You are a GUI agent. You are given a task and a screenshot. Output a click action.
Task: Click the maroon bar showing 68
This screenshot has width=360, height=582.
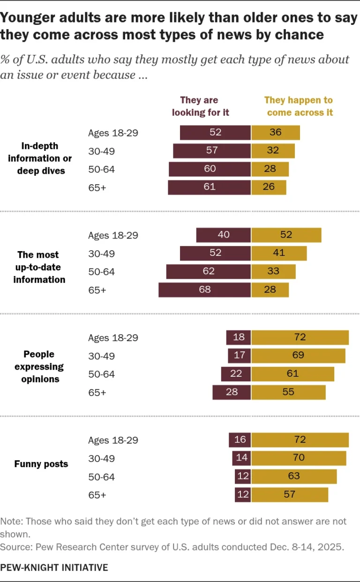point(205,290)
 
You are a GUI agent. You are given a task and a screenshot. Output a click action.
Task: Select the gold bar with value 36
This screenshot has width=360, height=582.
point(275,132)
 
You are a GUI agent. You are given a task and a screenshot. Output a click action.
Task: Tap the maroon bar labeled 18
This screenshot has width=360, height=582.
point(239,337)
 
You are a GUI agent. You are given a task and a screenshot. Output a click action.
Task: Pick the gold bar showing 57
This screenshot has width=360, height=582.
point(289,495)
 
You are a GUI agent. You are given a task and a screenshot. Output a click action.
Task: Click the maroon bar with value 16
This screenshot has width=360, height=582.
point(240,440)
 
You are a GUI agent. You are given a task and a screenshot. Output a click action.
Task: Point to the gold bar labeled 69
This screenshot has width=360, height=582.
point(298,356)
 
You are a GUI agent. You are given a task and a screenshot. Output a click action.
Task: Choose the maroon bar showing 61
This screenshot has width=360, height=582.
point(210,187)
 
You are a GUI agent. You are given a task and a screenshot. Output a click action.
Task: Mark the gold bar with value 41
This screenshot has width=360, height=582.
point(279,253)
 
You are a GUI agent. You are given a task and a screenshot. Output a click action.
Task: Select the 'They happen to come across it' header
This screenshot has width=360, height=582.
point(298,106)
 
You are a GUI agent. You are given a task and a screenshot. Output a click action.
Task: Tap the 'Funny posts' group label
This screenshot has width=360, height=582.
point(41,464)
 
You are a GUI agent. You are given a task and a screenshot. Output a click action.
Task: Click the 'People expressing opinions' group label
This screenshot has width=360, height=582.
point(40,366)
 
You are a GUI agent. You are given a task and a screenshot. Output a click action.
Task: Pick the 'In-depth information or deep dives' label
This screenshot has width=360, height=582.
point(40,158)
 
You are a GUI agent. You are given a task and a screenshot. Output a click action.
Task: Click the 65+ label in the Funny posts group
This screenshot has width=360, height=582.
point(97,495)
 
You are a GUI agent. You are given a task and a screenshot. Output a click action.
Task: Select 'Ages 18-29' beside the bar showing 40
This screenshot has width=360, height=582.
point(113,235)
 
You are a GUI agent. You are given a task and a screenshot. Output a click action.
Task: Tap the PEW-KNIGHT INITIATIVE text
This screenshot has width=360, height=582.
point(54,567)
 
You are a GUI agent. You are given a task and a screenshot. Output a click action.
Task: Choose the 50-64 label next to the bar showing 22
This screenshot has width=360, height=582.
point(101,374)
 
